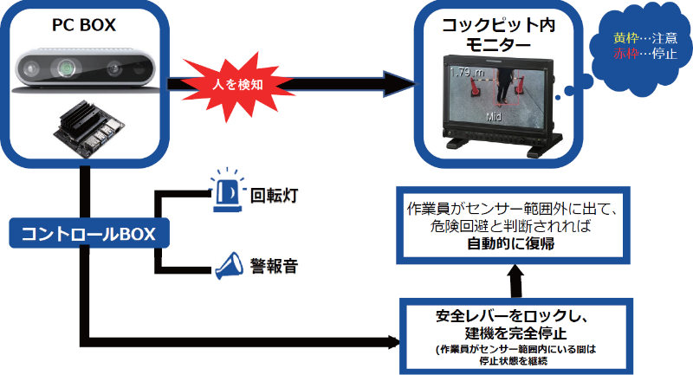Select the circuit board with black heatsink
pos(85,128)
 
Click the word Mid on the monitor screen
pos(495,115)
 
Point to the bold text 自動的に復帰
pos(509,245)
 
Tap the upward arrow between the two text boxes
pos(515,281)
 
